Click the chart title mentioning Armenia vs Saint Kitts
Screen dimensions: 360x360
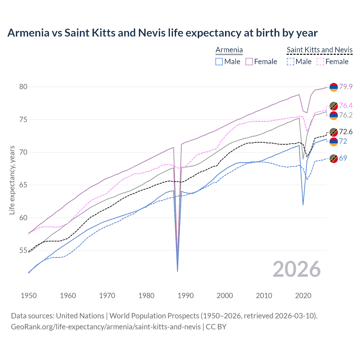tap(162, 33)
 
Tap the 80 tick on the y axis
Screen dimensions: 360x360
tap(23, 87)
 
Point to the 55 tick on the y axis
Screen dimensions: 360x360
tap(23, 250)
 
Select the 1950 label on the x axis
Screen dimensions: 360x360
tap(29, 296)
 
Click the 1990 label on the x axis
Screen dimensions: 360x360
tap(186, 296)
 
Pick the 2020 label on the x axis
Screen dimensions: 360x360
tap(303, 296)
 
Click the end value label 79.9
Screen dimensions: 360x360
tap(346, 87)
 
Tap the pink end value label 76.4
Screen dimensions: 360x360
tap(346, 105)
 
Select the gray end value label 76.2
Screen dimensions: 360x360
tap(346, 115)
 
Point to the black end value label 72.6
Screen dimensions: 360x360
tap(346, 132)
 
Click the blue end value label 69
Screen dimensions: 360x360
tap(343, 158)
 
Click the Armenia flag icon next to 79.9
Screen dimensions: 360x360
tap(334, 87)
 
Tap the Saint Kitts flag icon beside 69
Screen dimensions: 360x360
tap(334, 159)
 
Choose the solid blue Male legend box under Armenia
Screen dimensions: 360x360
tap(219, 62)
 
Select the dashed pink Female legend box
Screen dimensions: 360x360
tap(320, 62)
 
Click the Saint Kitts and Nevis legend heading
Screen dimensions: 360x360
tap(319, 50)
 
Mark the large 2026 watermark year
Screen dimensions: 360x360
tap(296, 269)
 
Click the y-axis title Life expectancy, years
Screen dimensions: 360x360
tap(12, 180)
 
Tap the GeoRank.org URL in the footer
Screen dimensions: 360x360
tap(106, 327)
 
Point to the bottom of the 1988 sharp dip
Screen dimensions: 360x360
tap(177, 271)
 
